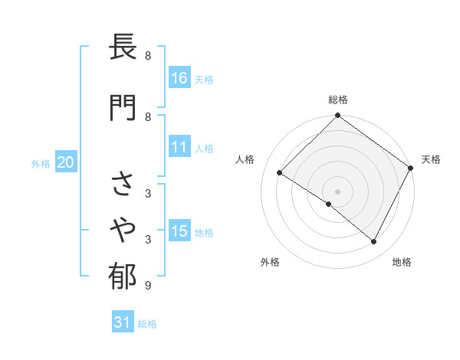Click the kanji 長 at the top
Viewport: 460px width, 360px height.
pos(123,51)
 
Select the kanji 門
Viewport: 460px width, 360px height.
pos(123,107)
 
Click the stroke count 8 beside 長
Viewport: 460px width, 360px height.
pos(148,56)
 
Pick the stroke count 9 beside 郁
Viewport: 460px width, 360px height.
pos(148,286)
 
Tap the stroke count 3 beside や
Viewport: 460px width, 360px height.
pos(148,240)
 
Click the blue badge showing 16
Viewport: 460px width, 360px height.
pos(179,77)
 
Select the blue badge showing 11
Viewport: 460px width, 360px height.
pos(179,147)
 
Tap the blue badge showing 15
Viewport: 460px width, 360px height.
pos(179,231)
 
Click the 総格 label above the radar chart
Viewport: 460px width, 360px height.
pos(337,100)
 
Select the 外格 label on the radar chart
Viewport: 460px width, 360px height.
pos(270,262)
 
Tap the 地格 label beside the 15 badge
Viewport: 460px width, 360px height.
pos(204,232)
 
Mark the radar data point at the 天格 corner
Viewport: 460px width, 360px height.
pos(410,169)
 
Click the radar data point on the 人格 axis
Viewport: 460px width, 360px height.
pos(280,173)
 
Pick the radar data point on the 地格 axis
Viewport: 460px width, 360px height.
pos(374,241)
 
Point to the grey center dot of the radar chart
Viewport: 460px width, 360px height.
pos(337,191)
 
